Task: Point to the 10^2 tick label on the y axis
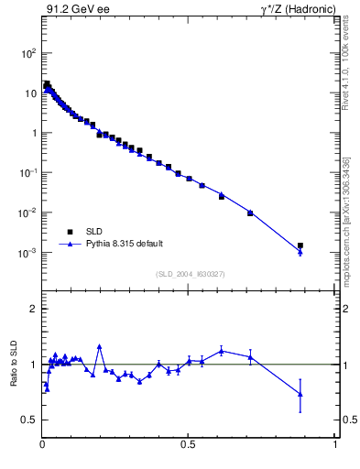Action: pyautogui.click(x=27, y=53)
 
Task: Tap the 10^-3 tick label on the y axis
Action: pyautogui.click(x=27, y=253)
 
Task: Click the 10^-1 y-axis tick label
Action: pyautogui.click(x=27, y=173)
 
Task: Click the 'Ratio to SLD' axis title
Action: pyautogui.click(x=14, y=364)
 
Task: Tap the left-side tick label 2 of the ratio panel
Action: pyautogui.click(x=34, y=310)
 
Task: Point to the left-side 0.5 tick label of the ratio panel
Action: pyautogui.click(x=30, y=420)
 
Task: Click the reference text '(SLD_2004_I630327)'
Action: pyautogui.click(x=190, y=273)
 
